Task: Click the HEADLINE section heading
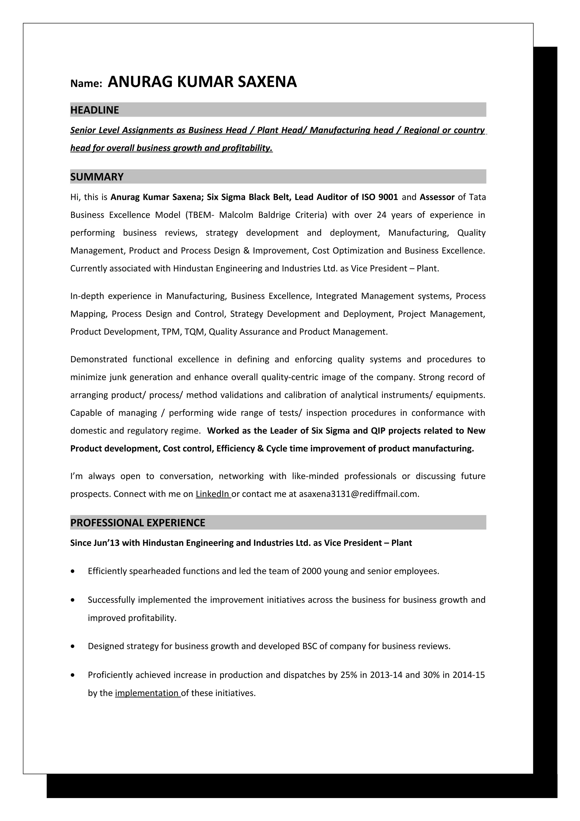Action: point(94,110)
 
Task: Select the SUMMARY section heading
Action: point(97,177)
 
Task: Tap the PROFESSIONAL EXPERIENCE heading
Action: point(138,523)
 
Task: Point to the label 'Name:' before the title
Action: point(86,83)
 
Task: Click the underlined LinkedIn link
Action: point(212,494)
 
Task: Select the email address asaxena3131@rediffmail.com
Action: point(359,494)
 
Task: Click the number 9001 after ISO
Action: point(388,197)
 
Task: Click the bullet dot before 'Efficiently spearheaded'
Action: point(73,571)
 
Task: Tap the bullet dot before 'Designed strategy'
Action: point(73,647)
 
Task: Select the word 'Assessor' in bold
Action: point(437,197)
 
